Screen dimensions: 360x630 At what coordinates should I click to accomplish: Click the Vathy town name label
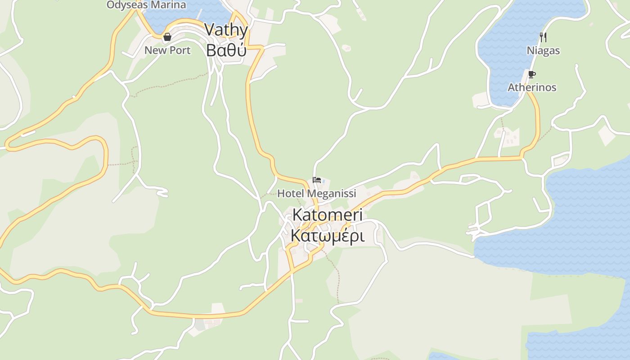tap(226, 30)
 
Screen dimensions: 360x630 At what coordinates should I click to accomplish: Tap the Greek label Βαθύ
tap(226, 50)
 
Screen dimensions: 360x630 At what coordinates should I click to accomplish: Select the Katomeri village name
tap(327, 215)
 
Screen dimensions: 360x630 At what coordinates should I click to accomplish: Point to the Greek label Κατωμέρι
tap(327, 235)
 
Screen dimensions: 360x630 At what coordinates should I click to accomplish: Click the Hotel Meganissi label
tap(316, 193)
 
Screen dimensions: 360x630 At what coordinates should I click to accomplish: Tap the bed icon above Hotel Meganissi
tap(317, 180)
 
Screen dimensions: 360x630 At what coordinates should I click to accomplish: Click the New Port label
tap(167, 50)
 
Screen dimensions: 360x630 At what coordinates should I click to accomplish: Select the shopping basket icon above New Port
tap(167, 37)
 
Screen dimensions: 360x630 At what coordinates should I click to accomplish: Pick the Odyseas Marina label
tap(146, 5)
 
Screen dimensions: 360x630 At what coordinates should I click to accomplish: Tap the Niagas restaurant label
tap(543, 50)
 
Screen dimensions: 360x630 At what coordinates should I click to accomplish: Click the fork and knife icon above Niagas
tap(543, 37)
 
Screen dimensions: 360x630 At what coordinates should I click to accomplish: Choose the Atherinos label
tap(532, 87)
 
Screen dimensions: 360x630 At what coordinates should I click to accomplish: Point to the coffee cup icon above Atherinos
tap(532, 74)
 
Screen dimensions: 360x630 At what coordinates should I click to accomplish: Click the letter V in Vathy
tap(210, 30)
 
